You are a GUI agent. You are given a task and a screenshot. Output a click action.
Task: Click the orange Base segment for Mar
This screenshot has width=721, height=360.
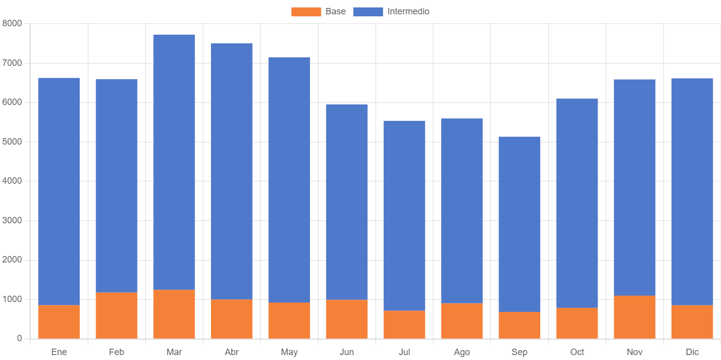[174, 314]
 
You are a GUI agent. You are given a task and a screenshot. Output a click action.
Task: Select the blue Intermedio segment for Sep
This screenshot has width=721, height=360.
[519, 224]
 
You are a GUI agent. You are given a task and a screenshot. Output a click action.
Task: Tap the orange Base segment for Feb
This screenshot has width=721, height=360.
[116, 315]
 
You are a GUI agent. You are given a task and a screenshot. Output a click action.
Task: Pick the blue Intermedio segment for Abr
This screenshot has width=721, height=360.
[231, 171]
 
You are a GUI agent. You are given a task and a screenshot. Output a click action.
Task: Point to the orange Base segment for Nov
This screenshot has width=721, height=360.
[634, 317]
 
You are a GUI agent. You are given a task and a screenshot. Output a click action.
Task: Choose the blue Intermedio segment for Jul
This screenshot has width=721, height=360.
[404, 215]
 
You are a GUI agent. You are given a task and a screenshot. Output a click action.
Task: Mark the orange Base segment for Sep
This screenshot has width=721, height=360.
[519, 325]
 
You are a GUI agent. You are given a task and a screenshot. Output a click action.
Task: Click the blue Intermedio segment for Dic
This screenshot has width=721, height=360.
[692, 191]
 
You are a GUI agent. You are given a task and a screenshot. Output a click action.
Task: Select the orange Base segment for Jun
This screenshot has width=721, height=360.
[347, 319]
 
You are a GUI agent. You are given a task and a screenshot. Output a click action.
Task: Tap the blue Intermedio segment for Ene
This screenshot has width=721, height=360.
[59, 191]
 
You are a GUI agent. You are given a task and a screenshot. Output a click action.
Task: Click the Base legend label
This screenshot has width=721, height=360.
[335, 11]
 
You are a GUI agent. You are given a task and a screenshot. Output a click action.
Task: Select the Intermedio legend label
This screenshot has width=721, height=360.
[408, 11]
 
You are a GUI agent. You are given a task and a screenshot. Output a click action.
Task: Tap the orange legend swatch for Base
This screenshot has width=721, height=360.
[306, 12]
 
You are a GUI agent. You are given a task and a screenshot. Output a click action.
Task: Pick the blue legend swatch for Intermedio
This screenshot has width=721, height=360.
[368, 12]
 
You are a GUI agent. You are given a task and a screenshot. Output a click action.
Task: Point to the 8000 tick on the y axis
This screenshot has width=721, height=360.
[12, 23]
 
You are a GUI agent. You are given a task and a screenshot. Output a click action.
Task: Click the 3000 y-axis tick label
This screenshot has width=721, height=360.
[12, 220]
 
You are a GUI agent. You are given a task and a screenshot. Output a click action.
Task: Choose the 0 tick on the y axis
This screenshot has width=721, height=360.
[19, 338]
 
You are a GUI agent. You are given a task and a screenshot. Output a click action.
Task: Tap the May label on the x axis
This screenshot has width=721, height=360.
[289, 352]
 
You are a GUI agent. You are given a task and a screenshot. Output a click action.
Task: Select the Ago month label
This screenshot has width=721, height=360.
[462, 352]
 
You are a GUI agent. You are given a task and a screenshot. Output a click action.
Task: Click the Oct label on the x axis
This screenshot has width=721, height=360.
[577, 352]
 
